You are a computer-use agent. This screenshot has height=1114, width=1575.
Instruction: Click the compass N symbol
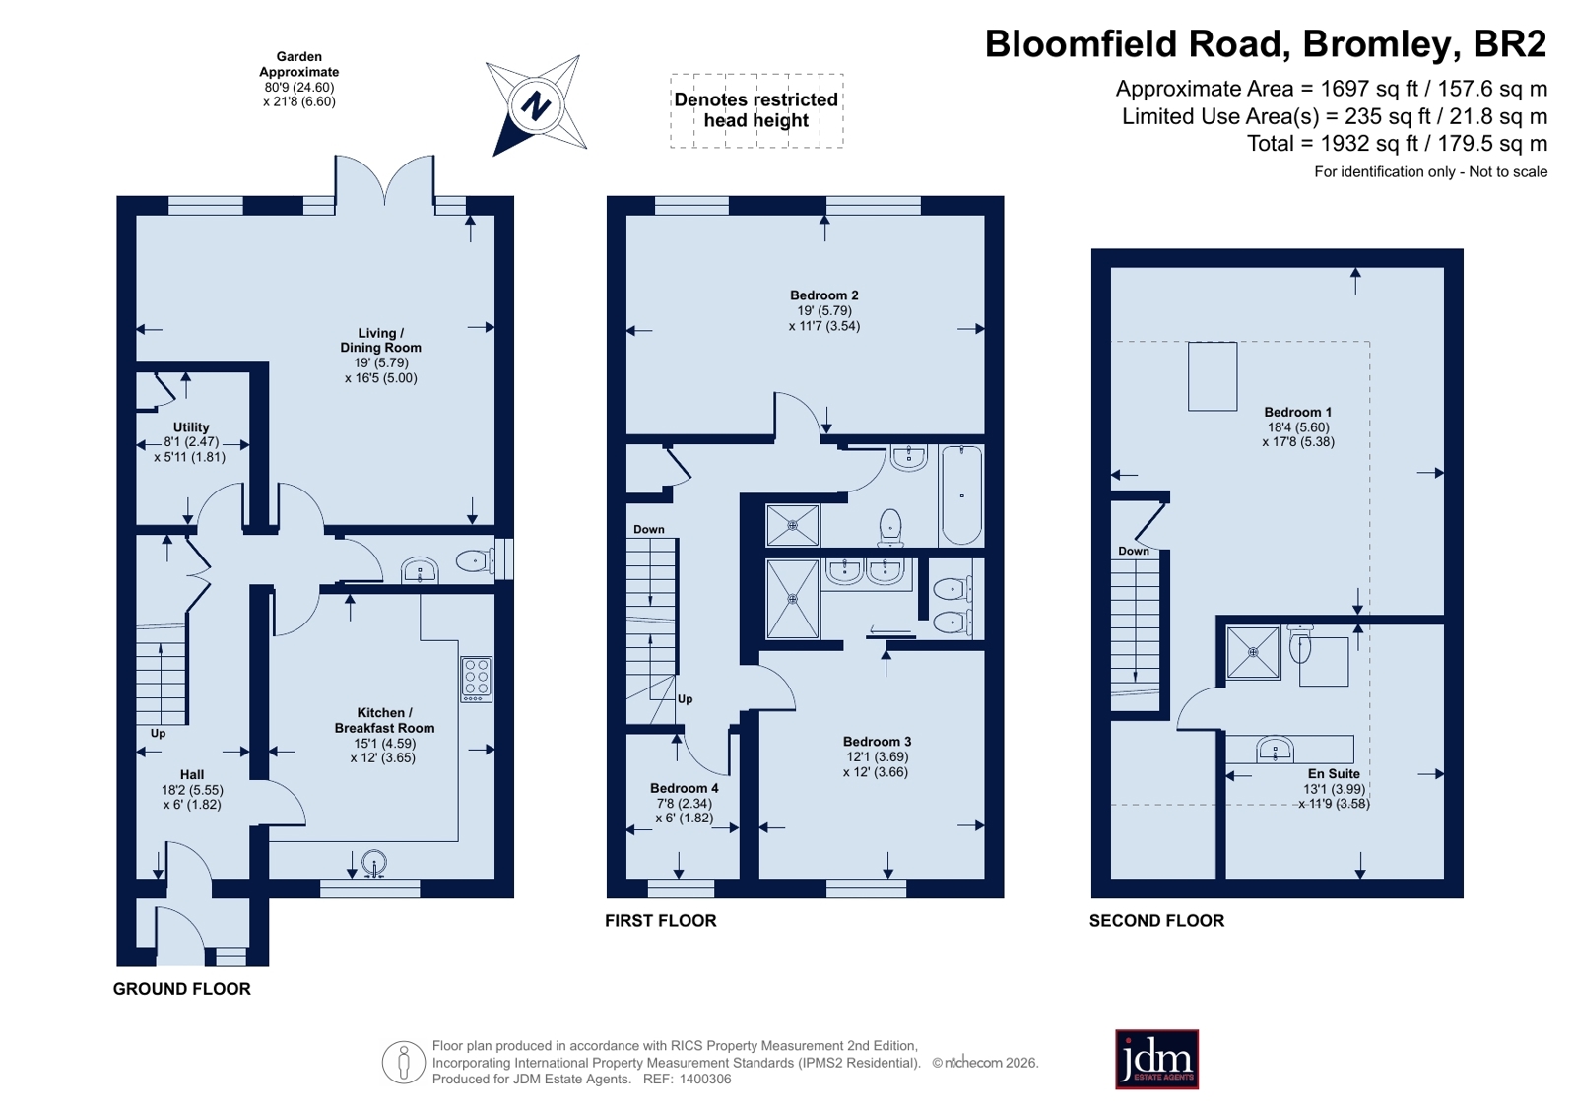(x=536, y=106)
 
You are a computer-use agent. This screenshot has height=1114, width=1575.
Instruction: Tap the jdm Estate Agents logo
(x=1156, y=1059)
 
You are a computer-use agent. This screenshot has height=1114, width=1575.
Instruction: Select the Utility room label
(x=190, y=426)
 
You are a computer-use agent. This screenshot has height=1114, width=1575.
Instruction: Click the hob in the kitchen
(x=476, y=679)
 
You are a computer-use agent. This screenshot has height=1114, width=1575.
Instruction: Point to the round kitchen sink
(x=374, y=863)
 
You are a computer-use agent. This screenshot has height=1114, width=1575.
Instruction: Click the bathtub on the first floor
(x=961, y=494)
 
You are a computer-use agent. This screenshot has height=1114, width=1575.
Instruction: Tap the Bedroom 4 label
(x=685, y=788)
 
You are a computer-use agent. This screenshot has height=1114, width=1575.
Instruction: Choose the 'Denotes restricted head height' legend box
(x=756, y=110)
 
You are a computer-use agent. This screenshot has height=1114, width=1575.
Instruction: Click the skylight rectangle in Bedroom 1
(x=1213, y=376)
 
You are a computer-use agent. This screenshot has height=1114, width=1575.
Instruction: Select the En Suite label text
(x=1334, y=773)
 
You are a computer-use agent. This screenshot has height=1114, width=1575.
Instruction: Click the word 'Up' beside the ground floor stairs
(x=159, y=733)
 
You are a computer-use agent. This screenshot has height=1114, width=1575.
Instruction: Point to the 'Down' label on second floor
(x=1134, y=551)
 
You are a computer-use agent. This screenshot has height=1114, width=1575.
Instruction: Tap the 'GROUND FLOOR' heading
(x=182, y=988)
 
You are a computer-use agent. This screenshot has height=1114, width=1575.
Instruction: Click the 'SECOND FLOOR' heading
(x=1156, y=920)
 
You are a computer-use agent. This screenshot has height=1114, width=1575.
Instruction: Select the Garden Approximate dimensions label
(x=298, y=79)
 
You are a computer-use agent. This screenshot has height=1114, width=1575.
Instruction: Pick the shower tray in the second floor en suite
(x=1253, y=653)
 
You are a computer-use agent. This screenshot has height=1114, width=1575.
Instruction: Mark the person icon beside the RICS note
(x=404, y=1062)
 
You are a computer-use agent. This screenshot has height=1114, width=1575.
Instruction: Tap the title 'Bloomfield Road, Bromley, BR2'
(x=1266, y=43)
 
